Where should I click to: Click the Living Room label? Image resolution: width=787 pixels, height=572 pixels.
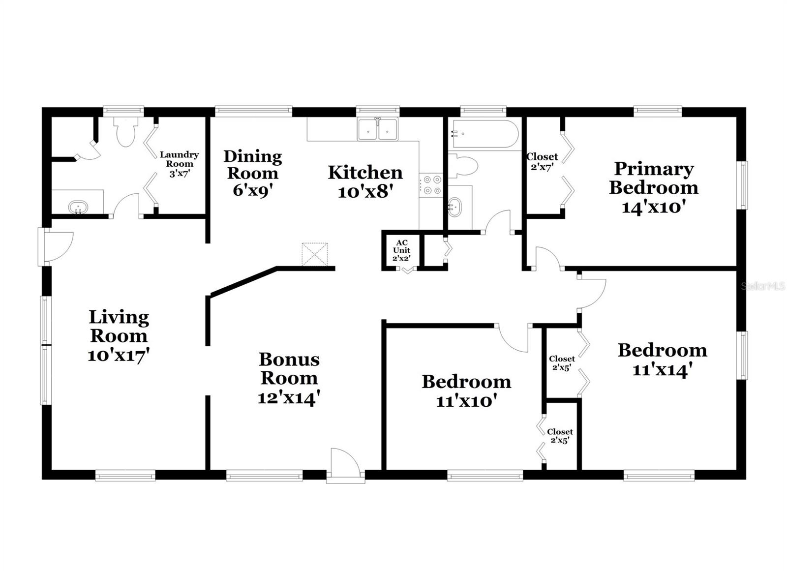(x=119, y=336)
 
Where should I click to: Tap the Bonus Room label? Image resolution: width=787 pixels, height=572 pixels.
(x=289, y=378)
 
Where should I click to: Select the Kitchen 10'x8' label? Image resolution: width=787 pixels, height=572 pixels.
(x=365, y=181)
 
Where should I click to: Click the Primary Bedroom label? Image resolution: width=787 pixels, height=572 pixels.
(x=654, y=187)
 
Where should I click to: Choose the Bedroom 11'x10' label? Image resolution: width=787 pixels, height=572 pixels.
(x=467, y=391)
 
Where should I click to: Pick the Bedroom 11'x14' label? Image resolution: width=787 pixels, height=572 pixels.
(x=663, y=360)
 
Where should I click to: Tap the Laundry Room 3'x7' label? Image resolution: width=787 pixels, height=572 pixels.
(x=180, y=164)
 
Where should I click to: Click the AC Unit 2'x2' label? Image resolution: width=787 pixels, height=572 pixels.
(x=401, y=250)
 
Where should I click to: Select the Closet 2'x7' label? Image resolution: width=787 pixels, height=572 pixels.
(x=542, y=162)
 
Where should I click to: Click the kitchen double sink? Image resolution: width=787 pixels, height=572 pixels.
(x=378, y=129)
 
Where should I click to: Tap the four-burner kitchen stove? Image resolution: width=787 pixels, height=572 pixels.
(x=431, y=185)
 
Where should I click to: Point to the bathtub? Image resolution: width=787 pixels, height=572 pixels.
(x=485, y=134)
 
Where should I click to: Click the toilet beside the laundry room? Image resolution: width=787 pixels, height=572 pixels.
(x=126, y=132)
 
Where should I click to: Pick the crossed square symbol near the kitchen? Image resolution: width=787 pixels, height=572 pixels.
(x=314, y=254)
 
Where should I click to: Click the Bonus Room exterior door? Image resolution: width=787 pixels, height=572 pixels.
(x=346, y=465)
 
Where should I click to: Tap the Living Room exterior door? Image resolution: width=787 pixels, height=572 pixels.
(x=56, y=247)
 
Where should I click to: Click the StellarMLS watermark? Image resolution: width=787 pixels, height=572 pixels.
(x=763, y=286)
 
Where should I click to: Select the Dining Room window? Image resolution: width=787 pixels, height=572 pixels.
(x=253, y=111)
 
